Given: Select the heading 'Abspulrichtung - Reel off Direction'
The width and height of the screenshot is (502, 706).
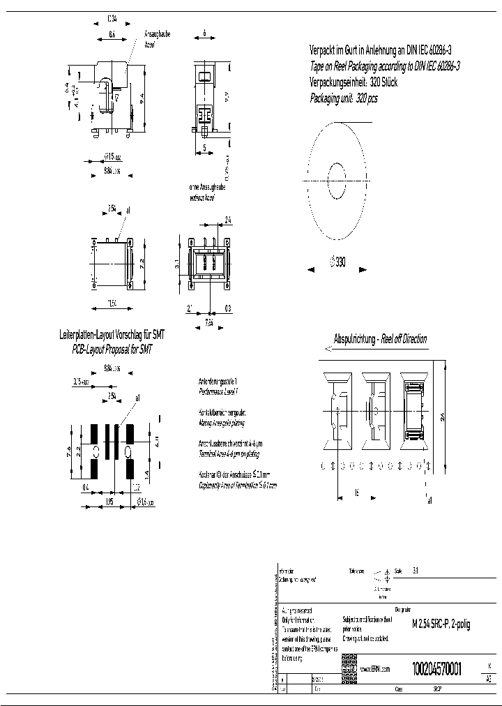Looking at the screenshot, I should (381, 339).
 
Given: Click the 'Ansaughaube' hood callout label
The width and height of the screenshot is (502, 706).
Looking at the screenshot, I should (157, 33).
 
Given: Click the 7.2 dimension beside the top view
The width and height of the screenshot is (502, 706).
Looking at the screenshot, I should (143, 261).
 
